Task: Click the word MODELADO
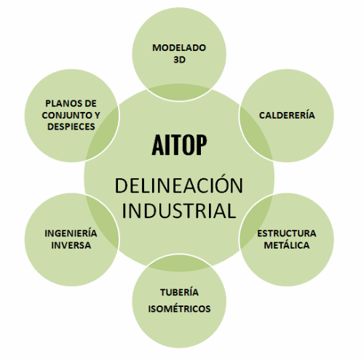[179, 48]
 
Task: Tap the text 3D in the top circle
[179, 60]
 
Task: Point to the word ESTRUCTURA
[287, 233]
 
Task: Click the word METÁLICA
[287, 245]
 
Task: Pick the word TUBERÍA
[179, 292]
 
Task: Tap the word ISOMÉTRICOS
[179, 309]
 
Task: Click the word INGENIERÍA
[71, 233]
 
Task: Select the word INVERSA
[71, 245]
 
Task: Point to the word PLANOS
[60, 103]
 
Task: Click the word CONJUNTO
[66, 115]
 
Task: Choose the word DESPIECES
[71, 127]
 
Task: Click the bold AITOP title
[179, 145]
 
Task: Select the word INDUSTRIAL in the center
[179, 211]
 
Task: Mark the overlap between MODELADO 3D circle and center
[179, 92]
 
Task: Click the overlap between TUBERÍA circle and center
[179, 263]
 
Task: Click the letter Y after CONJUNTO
[98, 115]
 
